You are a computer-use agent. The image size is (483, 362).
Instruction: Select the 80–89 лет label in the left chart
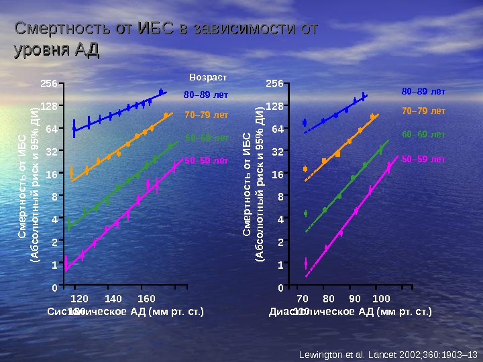click(206, 95)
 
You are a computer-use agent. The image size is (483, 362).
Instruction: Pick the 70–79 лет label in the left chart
click(206, 115)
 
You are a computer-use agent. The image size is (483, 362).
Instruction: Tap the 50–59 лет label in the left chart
click(206, 161)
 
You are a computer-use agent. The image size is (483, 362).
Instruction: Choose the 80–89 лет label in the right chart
click(423, 90)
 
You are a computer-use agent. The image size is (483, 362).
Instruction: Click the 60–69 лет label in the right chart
click(423, 134)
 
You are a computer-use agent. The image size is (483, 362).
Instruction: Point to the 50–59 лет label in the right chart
click(423, 160)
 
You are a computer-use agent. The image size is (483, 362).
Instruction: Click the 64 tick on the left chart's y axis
click(50, 128)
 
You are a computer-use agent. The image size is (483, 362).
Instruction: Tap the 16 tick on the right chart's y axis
click(275, 174)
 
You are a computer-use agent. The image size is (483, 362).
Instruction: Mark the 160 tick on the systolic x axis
click(146, 298)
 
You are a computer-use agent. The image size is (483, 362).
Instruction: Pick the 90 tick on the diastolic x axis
click(355, 298)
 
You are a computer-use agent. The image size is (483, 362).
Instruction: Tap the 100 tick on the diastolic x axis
click(381, 298)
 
